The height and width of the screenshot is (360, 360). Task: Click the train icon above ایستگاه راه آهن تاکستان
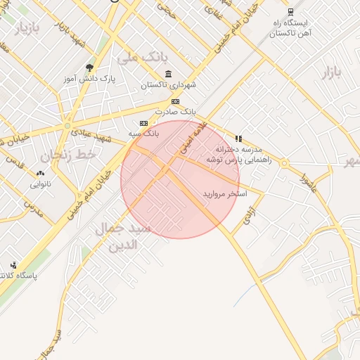coord(290,12)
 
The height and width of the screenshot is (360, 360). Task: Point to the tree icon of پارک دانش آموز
coord(89,68)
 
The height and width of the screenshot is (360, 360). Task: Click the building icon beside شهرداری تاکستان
coord(168,74)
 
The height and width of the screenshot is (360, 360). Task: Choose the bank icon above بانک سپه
coord(144,123)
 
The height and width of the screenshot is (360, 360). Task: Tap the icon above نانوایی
coord(40,173)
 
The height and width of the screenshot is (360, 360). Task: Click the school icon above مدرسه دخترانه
coord(238,139)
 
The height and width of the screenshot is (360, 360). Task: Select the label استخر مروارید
coord(226,193)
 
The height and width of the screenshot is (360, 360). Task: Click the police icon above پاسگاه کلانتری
coord(13,265)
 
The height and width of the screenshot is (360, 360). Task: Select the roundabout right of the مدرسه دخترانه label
coord(284,163)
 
